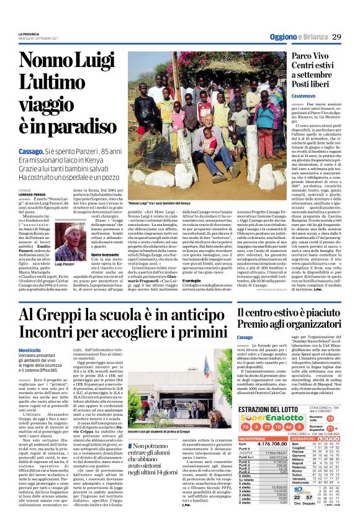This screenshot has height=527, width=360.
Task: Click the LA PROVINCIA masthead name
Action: (29, 34)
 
